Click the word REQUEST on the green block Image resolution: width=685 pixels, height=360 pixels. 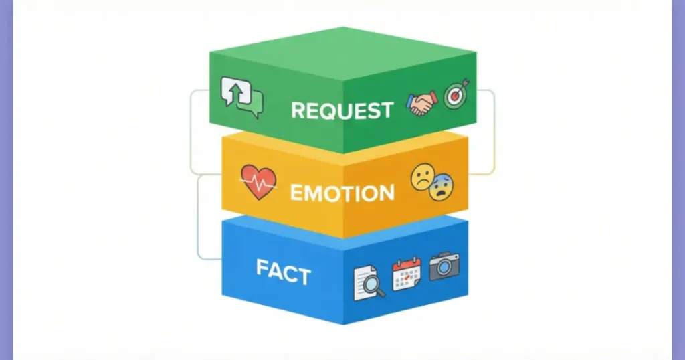pos(342,110)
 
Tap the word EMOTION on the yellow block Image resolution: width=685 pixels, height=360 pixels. pos(342,193)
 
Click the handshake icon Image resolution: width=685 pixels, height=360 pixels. pos(421,104)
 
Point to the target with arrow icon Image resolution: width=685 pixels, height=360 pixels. pos(456,95)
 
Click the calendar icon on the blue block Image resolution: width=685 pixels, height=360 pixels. pos(406,274)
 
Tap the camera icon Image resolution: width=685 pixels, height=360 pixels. pos(444,266)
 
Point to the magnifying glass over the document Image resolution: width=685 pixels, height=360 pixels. pos(375,287)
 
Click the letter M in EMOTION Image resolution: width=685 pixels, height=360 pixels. pos(314,193)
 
